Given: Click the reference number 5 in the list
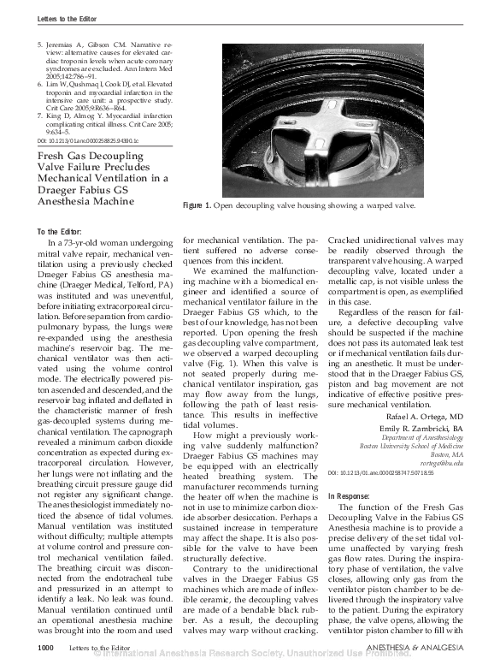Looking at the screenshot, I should coord(40,42).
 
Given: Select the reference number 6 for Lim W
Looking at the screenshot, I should coord(40,86).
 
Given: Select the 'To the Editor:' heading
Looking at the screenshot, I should coord(61,233).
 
